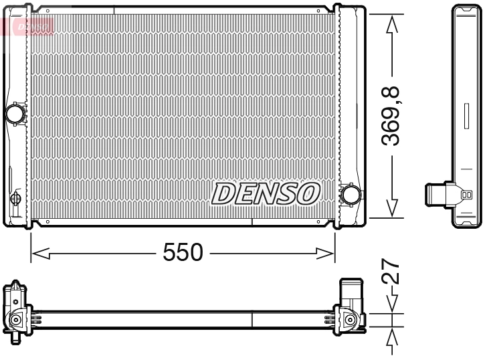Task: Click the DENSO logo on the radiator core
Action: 266,193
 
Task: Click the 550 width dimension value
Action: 183,252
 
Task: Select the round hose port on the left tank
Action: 15,113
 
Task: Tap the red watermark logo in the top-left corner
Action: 27,25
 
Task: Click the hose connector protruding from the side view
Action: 436,195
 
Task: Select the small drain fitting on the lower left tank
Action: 17,199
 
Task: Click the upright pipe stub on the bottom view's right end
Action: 351,292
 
